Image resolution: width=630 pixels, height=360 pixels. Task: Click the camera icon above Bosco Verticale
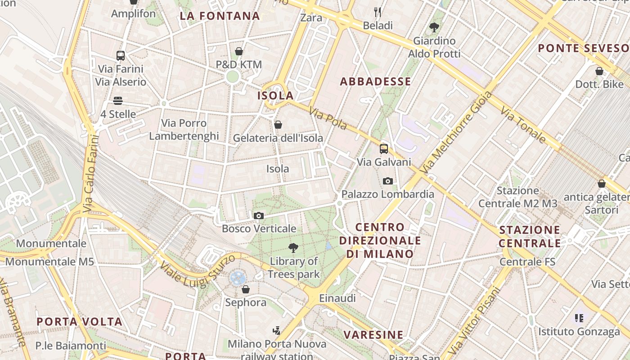point(258,216)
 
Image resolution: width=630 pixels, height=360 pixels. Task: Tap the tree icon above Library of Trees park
point(293,247)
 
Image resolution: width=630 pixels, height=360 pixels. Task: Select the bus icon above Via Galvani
point(384,149)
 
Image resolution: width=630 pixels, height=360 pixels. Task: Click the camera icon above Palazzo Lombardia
point(387,181)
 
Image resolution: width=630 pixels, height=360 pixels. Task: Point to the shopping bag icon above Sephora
point(246,289)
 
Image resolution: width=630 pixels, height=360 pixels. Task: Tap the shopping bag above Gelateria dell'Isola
point(278,125)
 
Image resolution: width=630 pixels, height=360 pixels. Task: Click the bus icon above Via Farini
point(121,56)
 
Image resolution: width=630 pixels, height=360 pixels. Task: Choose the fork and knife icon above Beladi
point(378,12)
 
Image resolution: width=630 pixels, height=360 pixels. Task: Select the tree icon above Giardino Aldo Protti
point(434,27)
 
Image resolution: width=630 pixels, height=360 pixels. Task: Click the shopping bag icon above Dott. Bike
point(599,71)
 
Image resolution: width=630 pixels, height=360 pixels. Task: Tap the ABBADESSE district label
point(375,81)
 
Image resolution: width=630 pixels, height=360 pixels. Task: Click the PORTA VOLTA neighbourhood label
point(80,322)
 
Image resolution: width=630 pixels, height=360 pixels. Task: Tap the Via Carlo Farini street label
point(90,174)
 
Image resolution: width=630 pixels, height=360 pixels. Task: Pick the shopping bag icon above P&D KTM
point(239,52)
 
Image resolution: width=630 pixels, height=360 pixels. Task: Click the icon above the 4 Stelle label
point(118,101)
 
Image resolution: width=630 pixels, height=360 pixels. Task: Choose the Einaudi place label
point(337,298)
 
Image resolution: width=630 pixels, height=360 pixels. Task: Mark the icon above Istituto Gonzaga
point(579,318)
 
